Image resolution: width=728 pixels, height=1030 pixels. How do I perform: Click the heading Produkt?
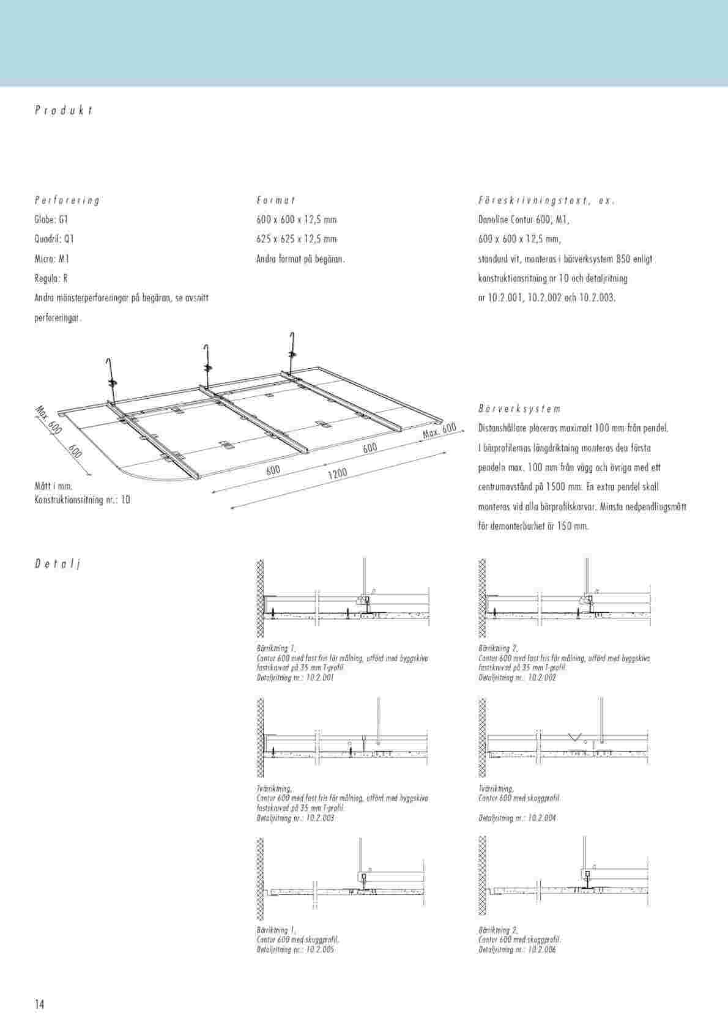(x=64, y=111)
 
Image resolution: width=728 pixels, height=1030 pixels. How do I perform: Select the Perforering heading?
(x=67, y=200)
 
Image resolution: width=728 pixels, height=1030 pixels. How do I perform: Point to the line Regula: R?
(x=51, y=278)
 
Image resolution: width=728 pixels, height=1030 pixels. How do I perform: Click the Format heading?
(x=276, y=200)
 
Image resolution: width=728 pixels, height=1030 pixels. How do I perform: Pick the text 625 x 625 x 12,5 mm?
(x=296, y=239)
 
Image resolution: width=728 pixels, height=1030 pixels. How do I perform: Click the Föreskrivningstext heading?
(x=546, y=200)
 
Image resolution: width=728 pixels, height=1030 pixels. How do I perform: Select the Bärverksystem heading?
(x=519, y=409)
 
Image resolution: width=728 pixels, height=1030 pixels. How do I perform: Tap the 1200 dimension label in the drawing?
(x=337, y=473)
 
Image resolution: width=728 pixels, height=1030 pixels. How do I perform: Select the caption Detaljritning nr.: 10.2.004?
(x=518, y=818)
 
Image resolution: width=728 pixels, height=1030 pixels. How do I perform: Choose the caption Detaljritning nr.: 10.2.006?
(x=518, y=950)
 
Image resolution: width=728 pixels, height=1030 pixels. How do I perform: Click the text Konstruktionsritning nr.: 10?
(x=83, y=500)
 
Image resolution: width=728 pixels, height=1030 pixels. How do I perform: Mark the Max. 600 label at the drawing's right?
(x=440, y=430)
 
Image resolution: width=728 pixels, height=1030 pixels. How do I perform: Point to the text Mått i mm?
(x=54, y=486)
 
